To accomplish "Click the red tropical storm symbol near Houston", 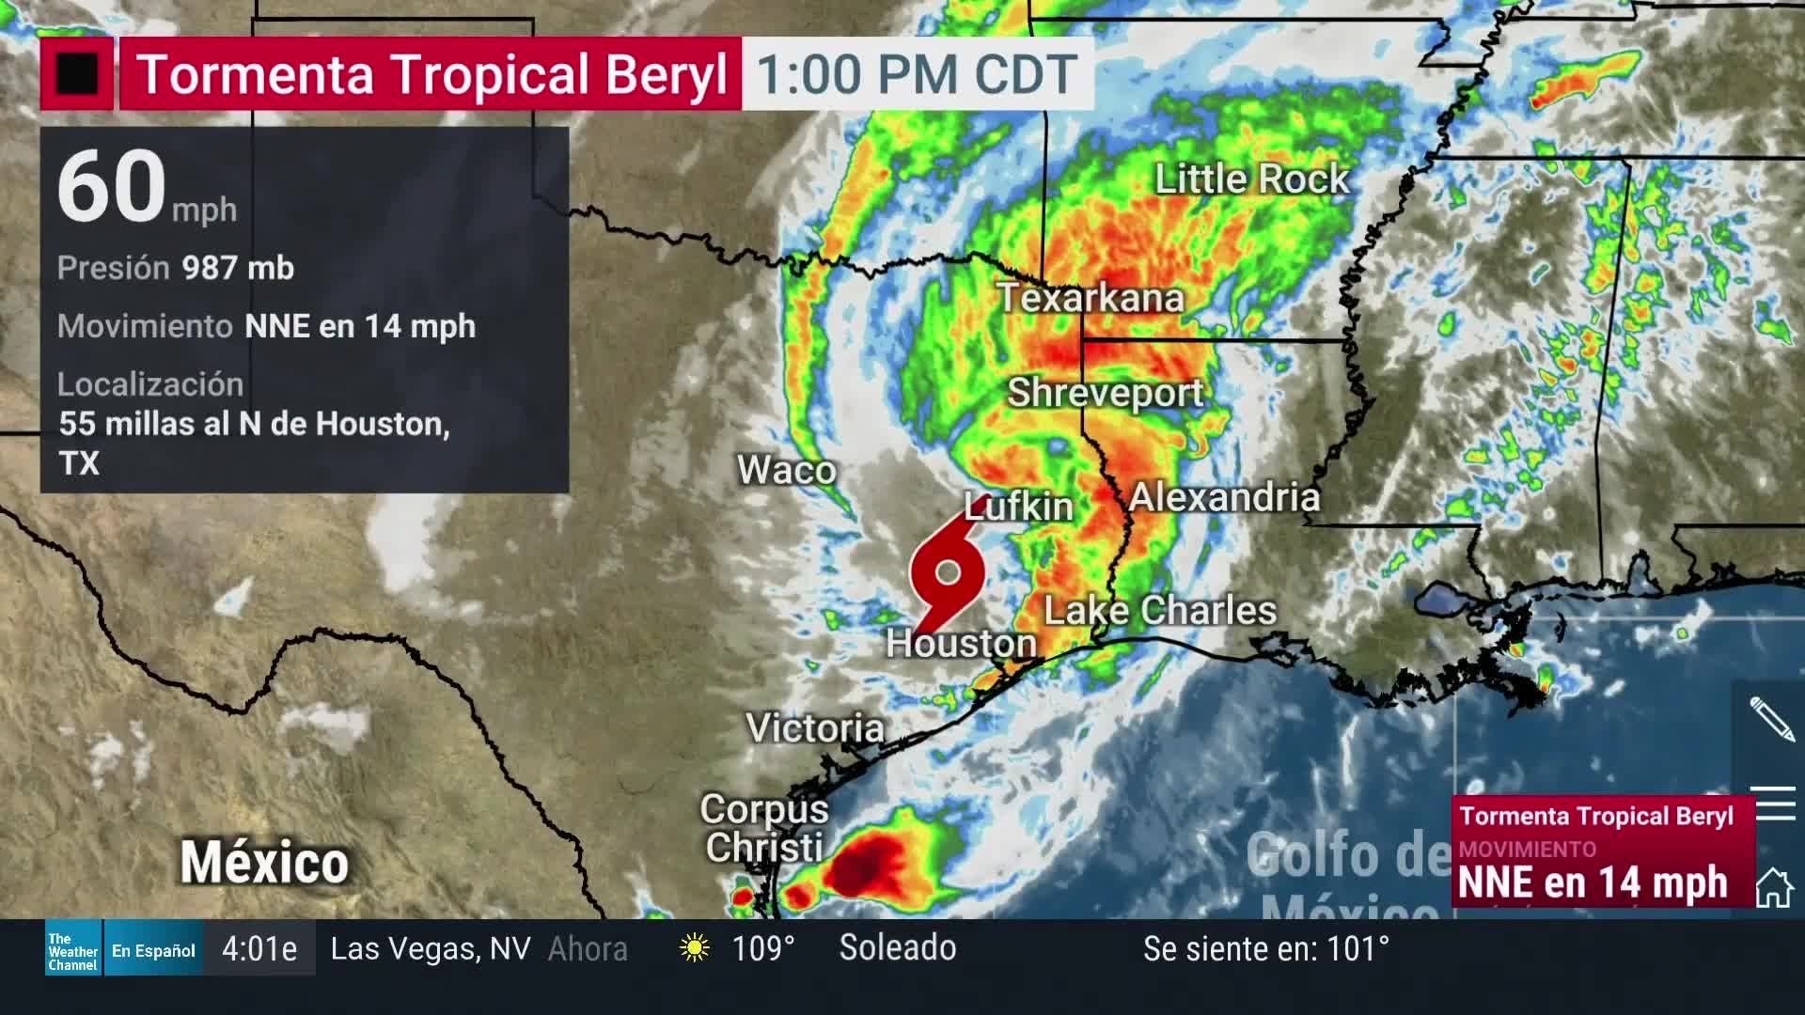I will pyautogui.click(x=948, y=571).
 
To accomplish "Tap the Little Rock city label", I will pyautogui.click(x=1251, y=179).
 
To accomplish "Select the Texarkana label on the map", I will pyautogui.click(x=1090, y=298).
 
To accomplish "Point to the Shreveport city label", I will pyautogui.click(x=1105, y=392).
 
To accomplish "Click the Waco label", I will pyautogui.click(x=786, y=470).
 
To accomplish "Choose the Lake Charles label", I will pyautogui.click(x=1160, y=611).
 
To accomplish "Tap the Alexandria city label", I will pyautogui.click(x=1224, y=497).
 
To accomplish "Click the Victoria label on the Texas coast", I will pyautogui.click(x=814, y=727).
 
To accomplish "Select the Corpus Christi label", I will pyautogui.click(x=763, y=828).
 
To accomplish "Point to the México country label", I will pyautogui.click(x=264, y=863).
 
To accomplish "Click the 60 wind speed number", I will pyautogui.click(x=112, y=186).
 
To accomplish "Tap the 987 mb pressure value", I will pyautogui.click(x=238, y=269).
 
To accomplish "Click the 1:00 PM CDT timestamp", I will pyautogui.click(x=917, y=74).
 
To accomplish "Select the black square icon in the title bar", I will pyautogui.click(x=77, y=74).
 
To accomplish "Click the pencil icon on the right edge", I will pyautogui.click(x=1772, y=719).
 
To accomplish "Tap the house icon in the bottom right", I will pyautogui.click(x=1774, y=887).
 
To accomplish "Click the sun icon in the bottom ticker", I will pyautogui.click(x=695, y=948).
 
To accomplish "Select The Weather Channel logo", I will pyautogui.click(x=73, y=950).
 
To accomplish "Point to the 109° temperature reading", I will pyautogui.click(x=762, y=948).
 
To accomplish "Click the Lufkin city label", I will pyautogui.click(x=1019, y=507).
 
